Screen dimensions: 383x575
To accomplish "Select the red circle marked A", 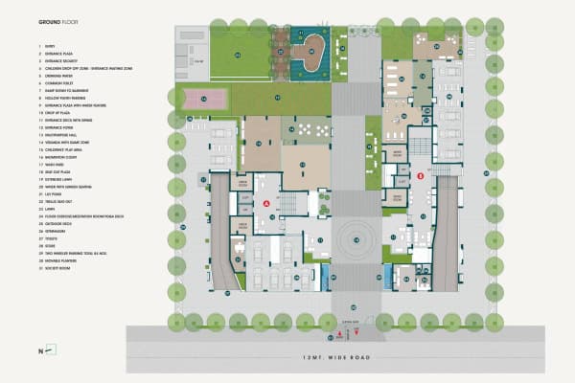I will tap(266, 204).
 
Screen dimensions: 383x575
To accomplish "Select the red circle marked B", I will tap(420, 176).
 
